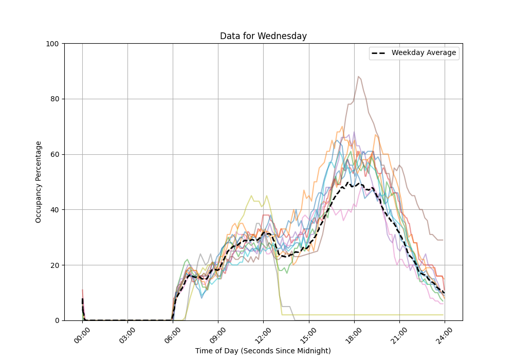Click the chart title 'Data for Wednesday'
click(263, 36)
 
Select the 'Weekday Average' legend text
click(424, 53)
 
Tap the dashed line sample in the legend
click(380, 53)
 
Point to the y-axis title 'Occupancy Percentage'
click(39, 182)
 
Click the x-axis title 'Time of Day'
click(263, 351)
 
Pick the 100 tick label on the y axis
click(52, 44)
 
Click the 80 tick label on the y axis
click(54, 99)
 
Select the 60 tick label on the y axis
click(54, 154)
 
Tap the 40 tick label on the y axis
click(54, 210)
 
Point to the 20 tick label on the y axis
click(54, 265)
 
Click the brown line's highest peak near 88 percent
click(358, 77)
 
